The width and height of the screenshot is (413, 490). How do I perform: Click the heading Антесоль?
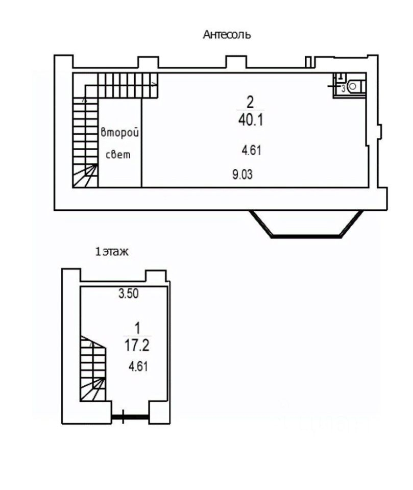coord(227,34)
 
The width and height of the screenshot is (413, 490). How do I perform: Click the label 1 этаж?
coord(112,252)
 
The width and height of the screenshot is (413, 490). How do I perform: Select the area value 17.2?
coord(137,346)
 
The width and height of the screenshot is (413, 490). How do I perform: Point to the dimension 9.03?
coord(242,175)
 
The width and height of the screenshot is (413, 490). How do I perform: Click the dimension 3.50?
coord(128,293)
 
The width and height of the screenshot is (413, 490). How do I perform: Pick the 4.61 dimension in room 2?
coord(251,150)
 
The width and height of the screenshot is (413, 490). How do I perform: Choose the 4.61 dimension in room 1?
coord(138,366)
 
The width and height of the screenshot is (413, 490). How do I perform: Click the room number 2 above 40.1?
coord(250,102)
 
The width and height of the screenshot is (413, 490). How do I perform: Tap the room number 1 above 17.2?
coord(137,328)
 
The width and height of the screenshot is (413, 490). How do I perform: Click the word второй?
coord(120,133)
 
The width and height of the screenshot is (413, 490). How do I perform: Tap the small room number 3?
coord(343,89)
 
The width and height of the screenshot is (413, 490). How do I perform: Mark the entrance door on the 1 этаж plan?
coord(130,416)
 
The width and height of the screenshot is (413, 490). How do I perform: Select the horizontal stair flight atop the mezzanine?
coord(128,85)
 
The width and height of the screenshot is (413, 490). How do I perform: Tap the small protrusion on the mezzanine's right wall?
coord(379,131)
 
